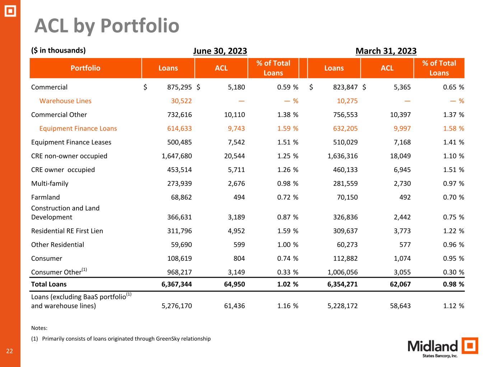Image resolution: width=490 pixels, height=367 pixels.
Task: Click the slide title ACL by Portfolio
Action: click(x=107, y=26)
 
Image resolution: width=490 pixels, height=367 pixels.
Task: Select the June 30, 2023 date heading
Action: click(x=220, y=51)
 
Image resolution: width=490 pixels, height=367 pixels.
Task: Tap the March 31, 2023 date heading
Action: click(x=386, y=51)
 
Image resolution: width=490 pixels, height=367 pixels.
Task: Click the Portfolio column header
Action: click(x=85, y=68)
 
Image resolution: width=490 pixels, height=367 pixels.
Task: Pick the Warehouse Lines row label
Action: click(x=65, y=101)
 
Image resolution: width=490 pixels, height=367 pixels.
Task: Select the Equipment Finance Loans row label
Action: click(x=78, y=128)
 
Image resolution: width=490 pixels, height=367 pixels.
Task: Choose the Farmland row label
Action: click(x=46, y=197)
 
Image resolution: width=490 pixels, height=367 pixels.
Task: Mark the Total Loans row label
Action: click(x=49, y=284)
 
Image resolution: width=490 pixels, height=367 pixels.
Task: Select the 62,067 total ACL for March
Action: click(x=400, y=284)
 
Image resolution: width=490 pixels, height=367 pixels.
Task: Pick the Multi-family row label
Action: click(x=50, y=183)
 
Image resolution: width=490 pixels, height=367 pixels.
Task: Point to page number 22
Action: click(x=9, y=351)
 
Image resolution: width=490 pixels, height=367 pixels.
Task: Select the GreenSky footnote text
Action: click(x=126, y=339)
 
